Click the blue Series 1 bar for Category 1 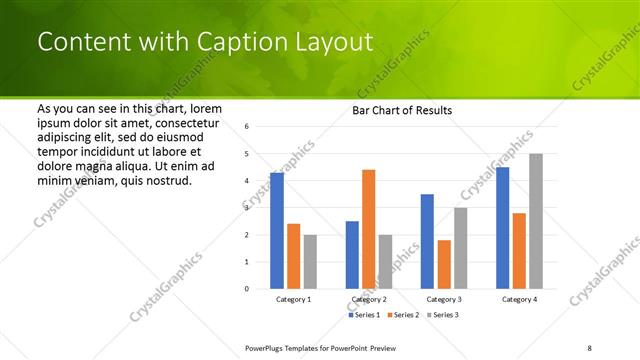tap(277, 231)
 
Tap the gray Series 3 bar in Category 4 tap(536, 221)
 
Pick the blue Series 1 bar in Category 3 tap(427, 241)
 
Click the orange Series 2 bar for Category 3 tap(444, 264)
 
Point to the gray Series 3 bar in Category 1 tap(310, 261)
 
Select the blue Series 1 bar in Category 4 tap(502, 228)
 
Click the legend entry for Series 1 tap(365, 315)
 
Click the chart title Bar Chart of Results tap(402, 110)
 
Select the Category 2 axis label tap(368, 299)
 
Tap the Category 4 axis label tap(519, 299)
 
